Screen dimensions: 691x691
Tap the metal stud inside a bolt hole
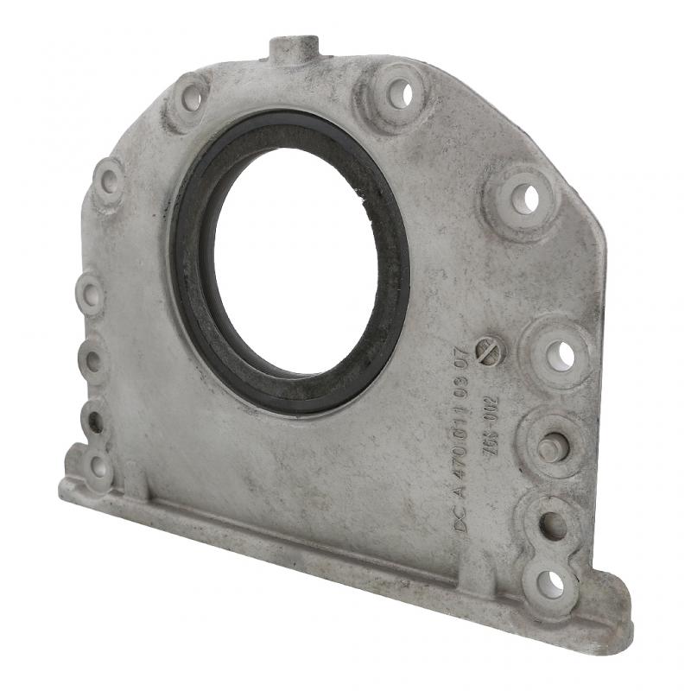tap(548, 448)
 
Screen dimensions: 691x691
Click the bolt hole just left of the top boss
tap(192, 100)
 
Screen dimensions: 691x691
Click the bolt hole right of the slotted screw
tap(561, 354)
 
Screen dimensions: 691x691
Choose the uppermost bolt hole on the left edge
tap(109, 181)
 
